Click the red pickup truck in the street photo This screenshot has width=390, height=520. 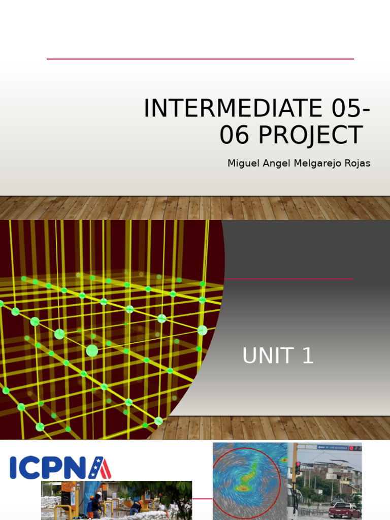point(344,510)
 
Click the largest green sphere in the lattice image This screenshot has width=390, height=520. point(92,350)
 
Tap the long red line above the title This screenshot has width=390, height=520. point(200,59)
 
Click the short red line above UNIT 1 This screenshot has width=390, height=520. point(289,279)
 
